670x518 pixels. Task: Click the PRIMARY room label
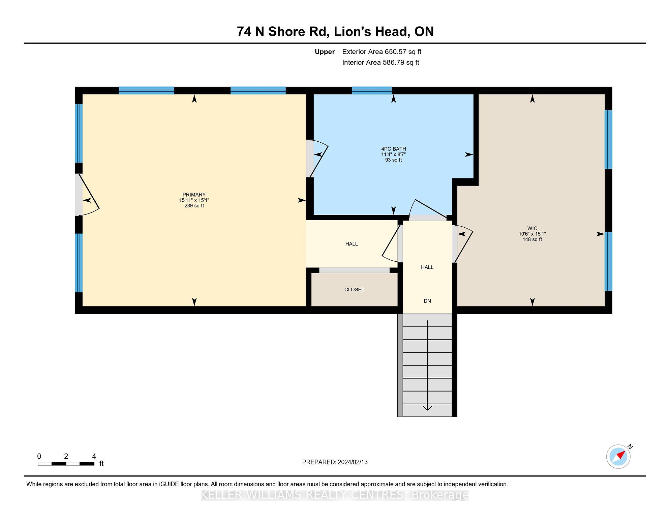(x=194, y=195)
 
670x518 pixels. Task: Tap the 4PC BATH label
(x=393, y=149)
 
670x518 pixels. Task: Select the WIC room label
(x=532, y=228)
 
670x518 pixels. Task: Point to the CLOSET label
(x=354, y=289)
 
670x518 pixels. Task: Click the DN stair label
(x=427, y=301)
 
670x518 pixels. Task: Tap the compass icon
(x=619, y=456)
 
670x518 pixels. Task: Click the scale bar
(x=66, y=464)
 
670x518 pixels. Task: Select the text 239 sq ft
(x=194, y=206)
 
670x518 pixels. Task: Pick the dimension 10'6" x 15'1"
(x=532, y=234)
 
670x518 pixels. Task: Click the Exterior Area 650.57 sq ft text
(x=382, y=52)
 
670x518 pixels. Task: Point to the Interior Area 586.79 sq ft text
(x=380, y=62)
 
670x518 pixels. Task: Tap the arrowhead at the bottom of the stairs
(x=427, y=408)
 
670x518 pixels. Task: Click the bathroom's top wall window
(x=372, y=90)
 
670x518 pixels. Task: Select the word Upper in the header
(x=325, y=52)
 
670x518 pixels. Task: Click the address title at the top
(x=335, y=31)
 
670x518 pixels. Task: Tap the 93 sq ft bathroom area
(x=393, y=160)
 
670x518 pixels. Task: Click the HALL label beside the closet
(x=352, y=244)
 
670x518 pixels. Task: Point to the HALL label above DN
(x=427, y=267)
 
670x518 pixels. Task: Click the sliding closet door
(x=354, y=270)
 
